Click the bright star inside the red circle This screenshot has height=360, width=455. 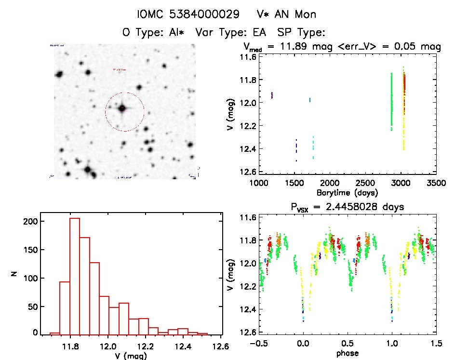(122, 108)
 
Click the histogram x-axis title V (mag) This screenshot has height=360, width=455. (127, 355)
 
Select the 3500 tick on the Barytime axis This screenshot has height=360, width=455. (437, 183)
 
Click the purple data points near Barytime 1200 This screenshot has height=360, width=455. (272, 95)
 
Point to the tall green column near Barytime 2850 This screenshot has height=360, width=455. (391, 101)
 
